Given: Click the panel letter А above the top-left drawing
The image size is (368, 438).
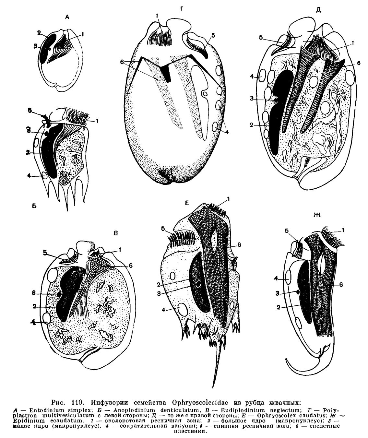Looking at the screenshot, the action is tap(67, 18).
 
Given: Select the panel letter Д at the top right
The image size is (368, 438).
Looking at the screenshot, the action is tap(318, 10).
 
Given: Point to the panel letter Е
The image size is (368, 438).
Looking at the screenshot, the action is tap(187, 203).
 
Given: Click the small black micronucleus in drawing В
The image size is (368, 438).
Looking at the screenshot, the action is tap(59, 295).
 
